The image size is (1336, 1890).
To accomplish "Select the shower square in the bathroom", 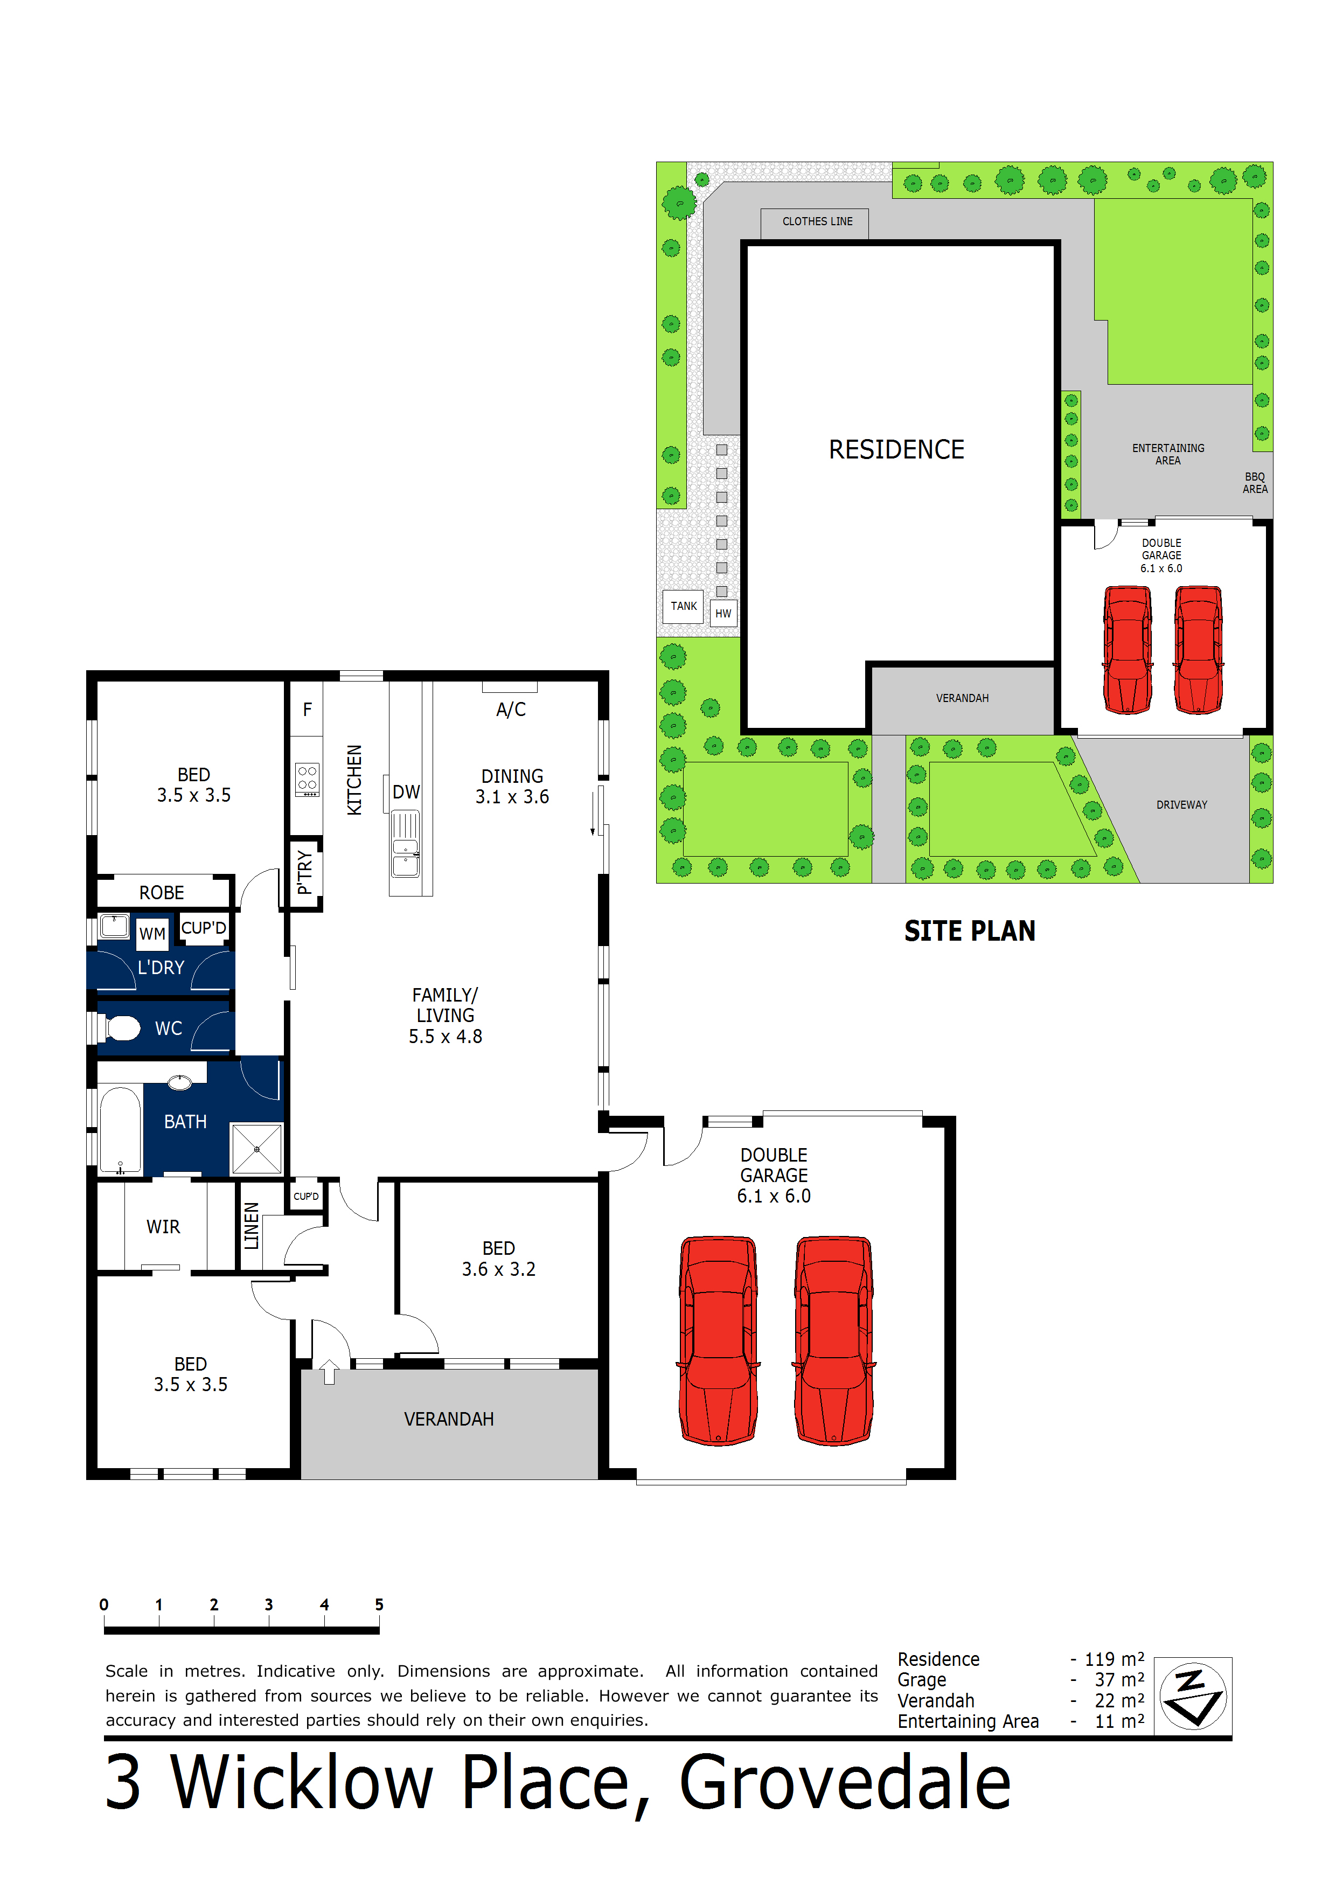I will coord(257,1148).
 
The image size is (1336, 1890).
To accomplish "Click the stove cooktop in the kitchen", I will coord(307,779).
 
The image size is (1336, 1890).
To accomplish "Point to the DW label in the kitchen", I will coord(406,792).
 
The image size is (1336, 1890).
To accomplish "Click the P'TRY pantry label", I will coord(304,873).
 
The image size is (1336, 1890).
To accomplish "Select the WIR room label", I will coord(163,1227).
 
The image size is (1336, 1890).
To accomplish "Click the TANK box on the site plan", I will coord(683,606).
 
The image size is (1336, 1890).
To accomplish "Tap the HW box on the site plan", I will coord(723,613).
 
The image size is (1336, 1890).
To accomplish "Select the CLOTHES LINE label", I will coord(817,221).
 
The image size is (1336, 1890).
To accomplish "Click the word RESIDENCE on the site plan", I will coord(896,449).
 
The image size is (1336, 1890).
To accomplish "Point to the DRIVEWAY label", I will coord(1181,804).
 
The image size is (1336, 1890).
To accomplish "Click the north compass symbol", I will coord(1192,1697).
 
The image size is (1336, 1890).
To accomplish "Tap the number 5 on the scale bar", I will coord(379,1604).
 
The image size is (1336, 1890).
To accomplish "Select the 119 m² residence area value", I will coord(1113,1659).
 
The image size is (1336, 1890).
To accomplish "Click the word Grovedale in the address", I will coord(845,1782).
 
